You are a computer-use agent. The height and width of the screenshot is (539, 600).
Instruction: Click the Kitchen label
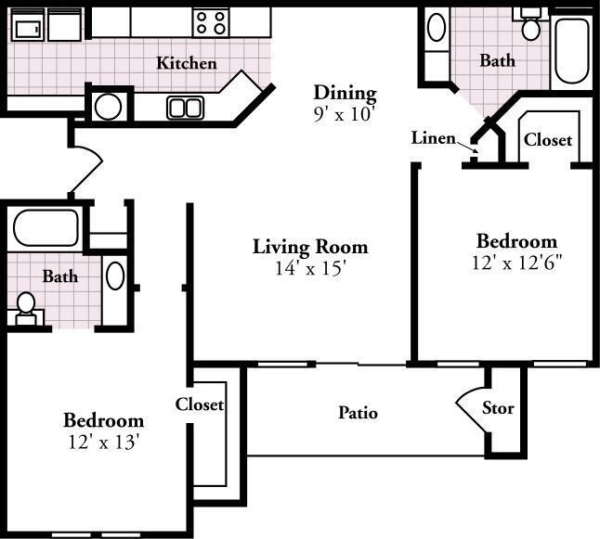pos(187,63)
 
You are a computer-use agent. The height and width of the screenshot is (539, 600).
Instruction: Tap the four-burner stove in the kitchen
pos(211,22)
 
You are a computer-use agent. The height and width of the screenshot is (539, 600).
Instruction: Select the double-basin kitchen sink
pos(185,108)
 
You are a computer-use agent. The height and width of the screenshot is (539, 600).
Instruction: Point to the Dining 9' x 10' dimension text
pos(344,114)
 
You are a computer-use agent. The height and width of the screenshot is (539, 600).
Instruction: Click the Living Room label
pos(310,247)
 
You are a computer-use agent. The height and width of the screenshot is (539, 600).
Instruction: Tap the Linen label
pos(433,138)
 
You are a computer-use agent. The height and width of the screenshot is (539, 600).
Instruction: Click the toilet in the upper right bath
pos(530,25)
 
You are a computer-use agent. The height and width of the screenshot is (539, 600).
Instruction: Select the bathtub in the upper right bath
pos(572,50)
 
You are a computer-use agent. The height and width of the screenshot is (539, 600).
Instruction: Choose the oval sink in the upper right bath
pos(437,27)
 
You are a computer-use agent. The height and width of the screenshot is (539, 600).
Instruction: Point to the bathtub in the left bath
pos(46,228)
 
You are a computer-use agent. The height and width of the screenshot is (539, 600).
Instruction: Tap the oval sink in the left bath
pos(115,276)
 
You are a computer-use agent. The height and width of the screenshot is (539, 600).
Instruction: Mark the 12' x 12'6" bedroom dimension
pos(516,263)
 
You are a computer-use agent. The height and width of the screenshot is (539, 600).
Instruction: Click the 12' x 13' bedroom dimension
pos(103,443)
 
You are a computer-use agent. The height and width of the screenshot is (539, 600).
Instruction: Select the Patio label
pos(359,413)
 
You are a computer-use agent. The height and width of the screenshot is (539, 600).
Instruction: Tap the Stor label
pos(498,408)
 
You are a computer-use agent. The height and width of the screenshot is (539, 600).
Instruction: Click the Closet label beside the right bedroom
pos(548,139)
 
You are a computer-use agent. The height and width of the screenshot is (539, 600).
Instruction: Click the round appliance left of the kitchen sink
pos(109,108)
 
